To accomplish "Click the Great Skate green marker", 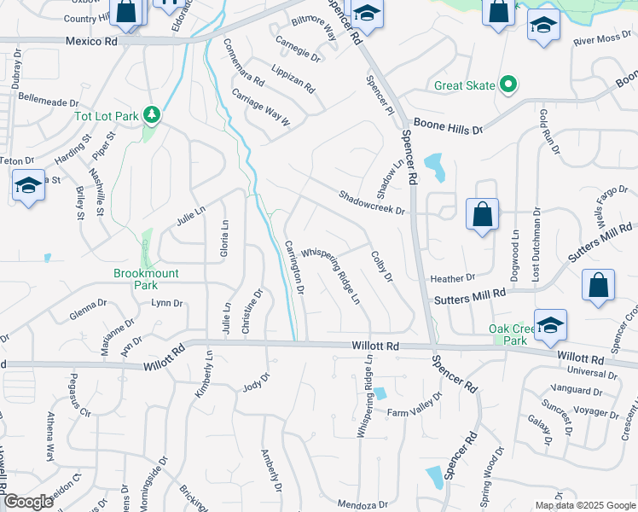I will click(x=509, y=84).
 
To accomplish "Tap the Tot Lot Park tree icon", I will click(x=152, y=113).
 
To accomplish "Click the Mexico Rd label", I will click(x=92, y=41).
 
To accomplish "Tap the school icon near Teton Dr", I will click(x=28, y=185).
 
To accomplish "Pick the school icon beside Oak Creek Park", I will click(x=550, y=324).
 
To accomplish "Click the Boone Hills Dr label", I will click(x=448, y=126).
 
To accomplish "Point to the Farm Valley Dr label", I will click(x=415, y=408).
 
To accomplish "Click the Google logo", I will click(x=28, y=502).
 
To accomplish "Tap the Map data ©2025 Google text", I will click(x=584, y=505).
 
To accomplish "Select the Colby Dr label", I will click(x=381, y=265).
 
